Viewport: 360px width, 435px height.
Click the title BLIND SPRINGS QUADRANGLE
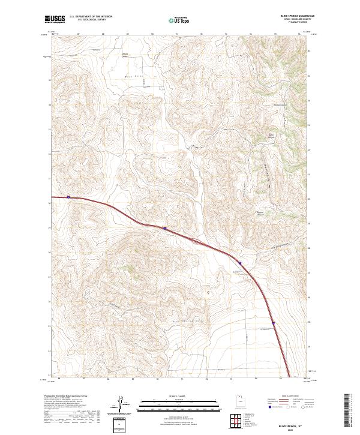coord(293,16)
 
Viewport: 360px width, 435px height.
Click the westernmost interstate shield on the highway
coord(69,196)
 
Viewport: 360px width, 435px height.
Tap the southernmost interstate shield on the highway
coord(273,323)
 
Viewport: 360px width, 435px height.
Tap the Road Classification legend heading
coord(286,397)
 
